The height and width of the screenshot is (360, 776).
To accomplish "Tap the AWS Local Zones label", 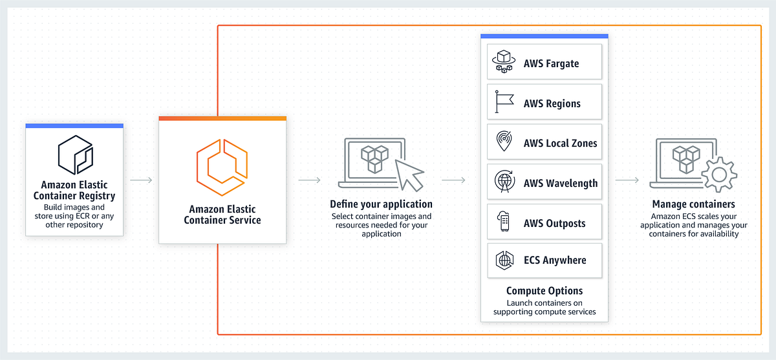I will point(560,143).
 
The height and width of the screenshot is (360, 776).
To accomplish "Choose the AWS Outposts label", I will point(554,224).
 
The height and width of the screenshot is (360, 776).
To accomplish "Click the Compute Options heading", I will point(544,291).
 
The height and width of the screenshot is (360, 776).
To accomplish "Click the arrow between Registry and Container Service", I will point(141,180).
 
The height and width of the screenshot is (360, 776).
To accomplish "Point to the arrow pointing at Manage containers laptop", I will point(627,180).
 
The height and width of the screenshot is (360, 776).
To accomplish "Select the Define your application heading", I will point(381,204).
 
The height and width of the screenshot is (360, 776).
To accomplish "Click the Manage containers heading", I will point(693,204).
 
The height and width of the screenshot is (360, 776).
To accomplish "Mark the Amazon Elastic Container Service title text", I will point(222,215).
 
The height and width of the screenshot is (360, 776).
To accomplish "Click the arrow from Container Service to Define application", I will point(310,180).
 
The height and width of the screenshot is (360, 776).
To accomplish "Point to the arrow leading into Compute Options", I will point(454,180).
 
